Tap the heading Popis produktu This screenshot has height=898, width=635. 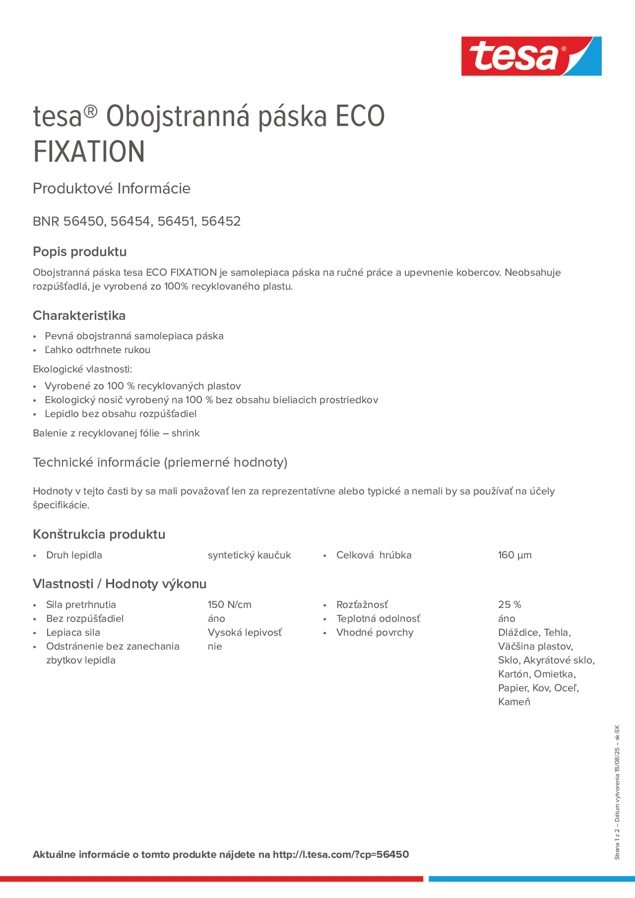[x=79, y=251]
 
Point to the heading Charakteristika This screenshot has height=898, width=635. [x=79, y=316]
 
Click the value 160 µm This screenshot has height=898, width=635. [x=515, y=555]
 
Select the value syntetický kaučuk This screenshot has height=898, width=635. [x=249, y=555]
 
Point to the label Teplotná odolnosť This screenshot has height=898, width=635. [x=378, y=618]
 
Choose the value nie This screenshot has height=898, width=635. [x=215, y=646]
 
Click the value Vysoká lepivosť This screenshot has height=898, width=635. [x=244, y=632]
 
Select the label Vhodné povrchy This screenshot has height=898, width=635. [x=374, y=632]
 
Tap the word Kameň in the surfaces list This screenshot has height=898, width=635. [x=514, y=702]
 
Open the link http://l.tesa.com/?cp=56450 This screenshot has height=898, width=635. [x=341, y=854]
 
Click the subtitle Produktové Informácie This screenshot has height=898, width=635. [x=112, y=189]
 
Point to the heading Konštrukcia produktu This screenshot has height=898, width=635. [x=99, y=534]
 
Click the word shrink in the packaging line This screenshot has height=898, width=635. [x=185, y=433]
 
